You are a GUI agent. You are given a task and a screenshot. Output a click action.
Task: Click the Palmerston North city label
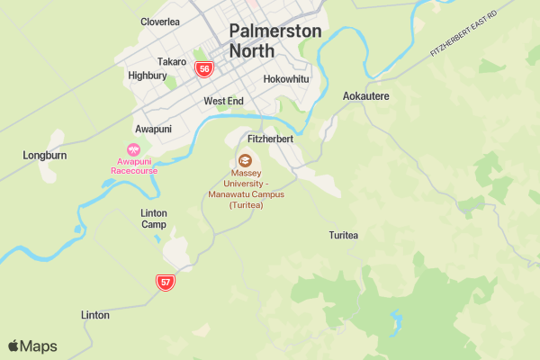(x=274, y=40)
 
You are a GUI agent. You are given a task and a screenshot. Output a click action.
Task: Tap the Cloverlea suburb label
(x=160, y=22)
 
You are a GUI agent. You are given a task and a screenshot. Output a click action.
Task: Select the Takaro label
(x=171, y=62)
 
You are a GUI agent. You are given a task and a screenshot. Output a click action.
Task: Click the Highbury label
(x=147, y=76)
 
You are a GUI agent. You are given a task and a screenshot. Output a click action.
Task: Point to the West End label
(x=223, y=102)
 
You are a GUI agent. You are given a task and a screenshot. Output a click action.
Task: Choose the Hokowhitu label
(x=286, y=79)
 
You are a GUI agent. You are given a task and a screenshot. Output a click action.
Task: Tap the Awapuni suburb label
(x=153, y=129)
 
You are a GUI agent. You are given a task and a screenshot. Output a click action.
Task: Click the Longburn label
(x=45, y=156)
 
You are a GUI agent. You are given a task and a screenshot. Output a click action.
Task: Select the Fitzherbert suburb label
(x=271, y=139)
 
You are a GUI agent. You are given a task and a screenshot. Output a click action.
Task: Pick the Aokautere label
(x=366, y=95)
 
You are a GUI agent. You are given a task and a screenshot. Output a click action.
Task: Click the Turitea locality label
(x=344, y=236)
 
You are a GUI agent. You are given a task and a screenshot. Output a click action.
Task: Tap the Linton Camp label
(x=154, y=219)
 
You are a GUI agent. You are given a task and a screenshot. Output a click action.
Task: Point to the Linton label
(x=95, y=316)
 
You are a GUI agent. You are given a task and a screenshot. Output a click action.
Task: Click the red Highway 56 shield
(x=205, y=68)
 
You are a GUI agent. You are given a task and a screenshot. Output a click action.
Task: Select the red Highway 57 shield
(x=165, y=282)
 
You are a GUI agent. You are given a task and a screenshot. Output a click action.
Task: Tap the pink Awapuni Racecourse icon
(x=134, y=151)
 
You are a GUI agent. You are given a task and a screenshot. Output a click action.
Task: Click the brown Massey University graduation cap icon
(x=245, y=159)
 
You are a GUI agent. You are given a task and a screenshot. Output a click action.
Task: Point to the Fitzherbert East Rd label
(x=463, y=38)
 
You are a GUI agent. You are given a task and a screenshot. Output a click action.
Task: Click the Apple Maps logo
(x=32, y=346)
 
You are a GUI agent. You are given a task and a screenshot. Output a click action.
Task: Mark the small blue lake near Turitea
(x=394, y=319)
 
